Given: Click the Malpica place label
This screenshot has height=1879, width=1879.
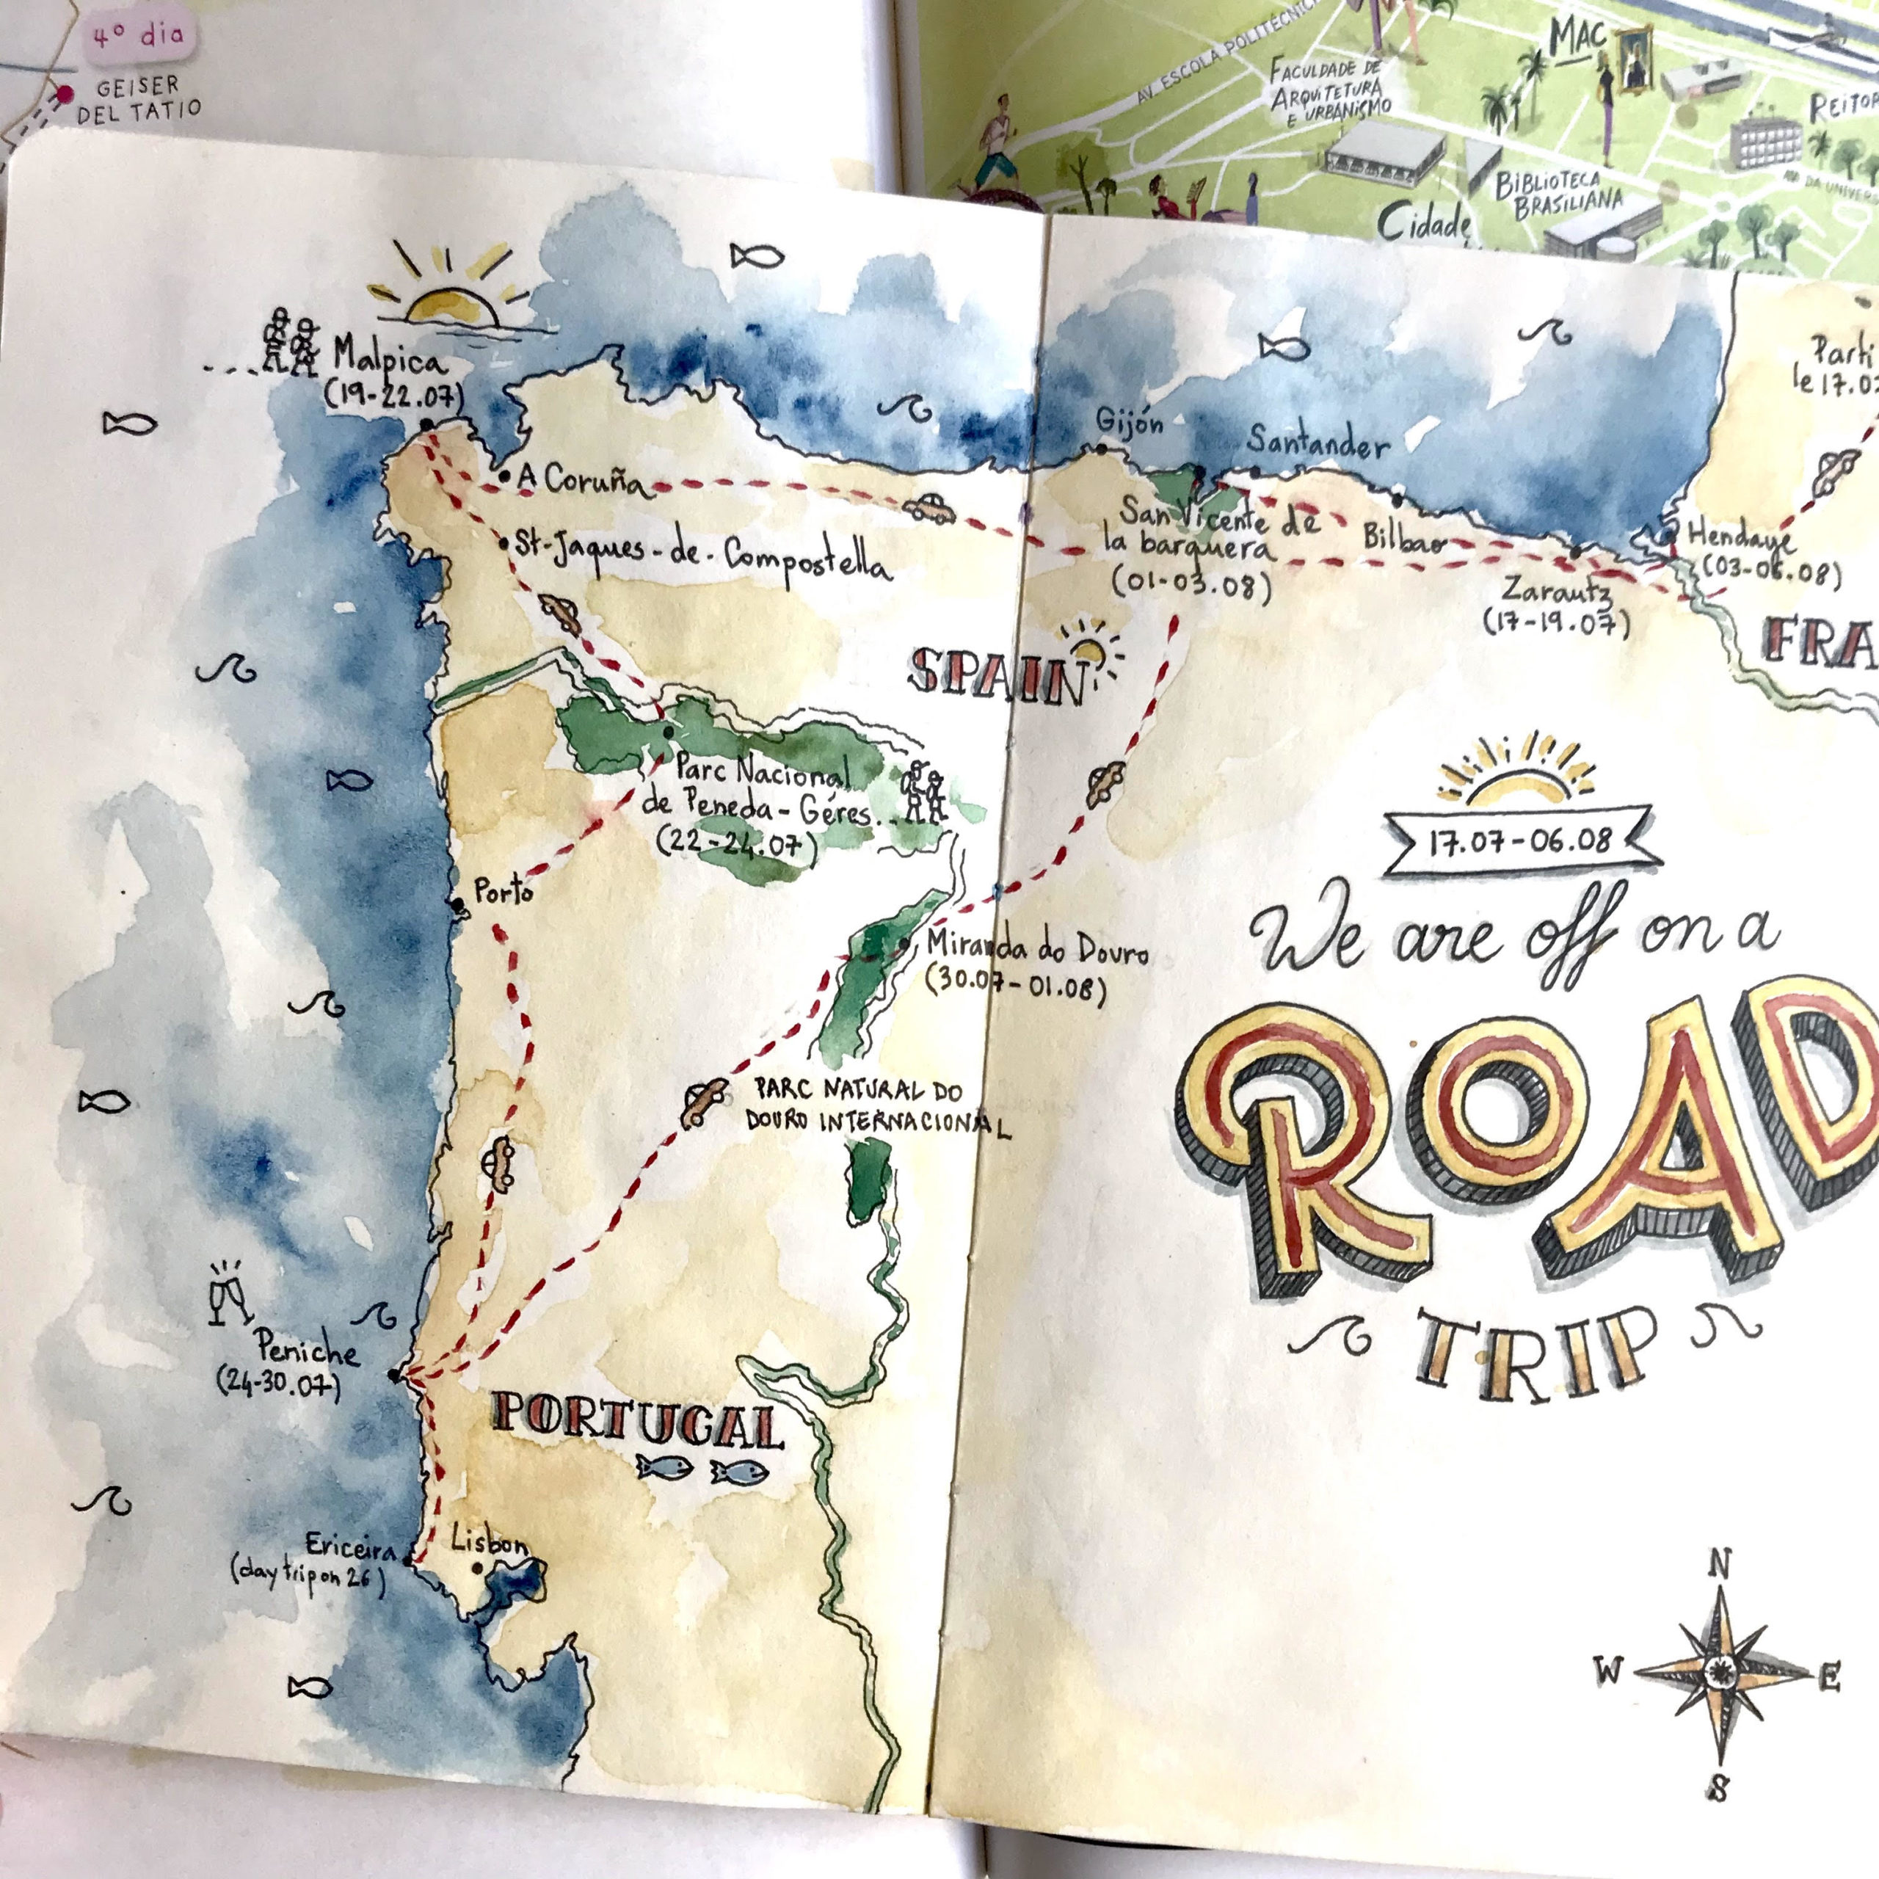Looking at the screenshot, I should pos(389,357).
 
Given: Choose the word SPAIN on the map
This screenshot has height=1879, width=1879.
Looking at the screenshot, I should pos(997,678).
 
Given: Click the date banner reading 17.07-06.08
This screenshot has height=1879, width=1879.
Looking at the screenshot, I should pos(1519,840).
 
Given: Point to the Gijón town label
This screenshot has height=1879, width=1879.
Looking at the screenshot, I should pos(1128,423).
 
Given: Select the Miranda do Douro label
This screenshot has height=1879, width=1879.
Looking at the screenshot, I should pos(1037,948).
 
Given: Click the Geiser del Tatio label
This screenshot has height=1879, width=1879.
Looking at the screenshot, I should pos(138,98).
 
